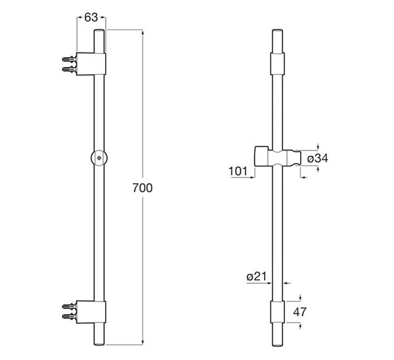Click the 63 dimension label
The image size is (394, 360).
pos(91,17)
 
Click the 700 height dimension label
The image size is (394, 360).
pos(142,188)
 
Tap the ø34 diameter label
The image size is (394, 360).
pos(318,158)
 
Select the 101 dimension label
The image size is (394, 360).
pos(238,171)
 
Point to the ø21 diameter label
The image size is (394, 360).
pos(256,277)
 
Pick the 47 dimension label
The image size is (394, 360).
pos(300,312)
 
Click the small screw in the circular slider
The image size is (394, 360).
pos(99,158)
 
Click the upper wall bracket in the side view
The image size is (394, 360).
pos(91,64)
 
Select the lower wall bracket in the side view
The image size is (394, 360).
pos(91,312)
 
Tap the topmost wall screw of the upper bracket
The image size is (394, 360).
pos(68,60)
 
